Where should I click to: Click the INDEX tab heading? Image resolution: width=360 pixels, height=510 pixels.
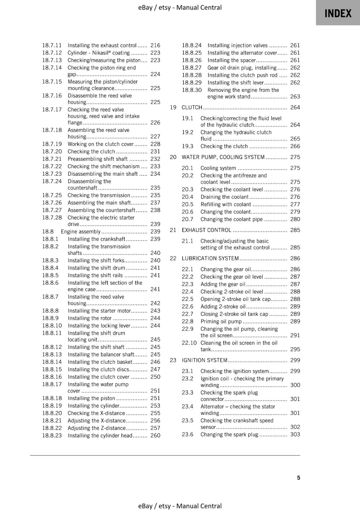point(338,13)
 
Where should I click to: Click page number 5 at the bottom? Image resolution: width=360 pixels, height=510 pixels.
point(298,477)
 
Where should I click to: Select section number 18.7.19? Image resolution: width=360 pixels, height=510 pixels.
point(52,144)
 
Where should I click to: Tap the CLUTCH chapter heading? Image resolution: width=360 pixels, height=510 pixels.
point(192,107)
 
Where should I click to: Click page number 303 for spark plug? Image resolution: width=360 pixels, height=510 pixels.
point(295,434)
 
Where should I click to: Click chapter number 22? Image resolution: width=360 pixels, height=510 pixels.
point(173,259)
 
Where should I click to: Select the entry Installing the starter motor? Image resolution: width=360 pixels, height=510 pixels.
point(99,311)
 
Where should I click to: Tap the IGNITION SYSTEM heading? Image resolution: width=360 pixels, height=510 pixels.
point(205,360)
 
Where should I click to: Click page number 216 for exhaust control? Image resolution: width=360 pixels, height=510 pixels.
point(155,45)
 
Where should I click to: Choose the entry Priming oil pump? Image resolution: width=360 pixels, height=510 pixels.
point(221,322)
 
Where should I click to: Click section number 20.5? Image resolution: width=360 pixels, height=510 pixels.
point(187,204)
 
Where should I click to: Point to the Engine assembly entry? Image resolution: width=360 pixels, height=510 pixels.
point(81,232)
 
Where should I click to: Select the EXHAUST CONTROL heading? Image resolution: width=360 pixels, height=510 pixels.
point(206,230)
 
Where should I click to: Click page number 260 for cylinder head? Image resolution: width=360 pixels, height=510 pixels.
point(155,435)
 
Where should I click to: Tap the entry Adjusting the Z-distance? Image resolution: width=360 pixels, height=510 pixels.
point(97,428)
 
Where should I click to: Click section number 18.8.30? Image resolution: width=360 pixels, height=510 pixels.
point(191,90)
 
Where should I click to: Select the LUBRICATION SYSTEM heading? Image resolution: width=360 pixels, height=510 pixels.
point(210,259)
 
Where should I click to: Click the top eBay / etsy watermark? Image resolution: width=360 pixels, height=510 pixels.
point(180,7)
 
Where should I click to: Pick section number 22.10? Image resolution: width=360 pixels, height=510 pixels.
point(189,343)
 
